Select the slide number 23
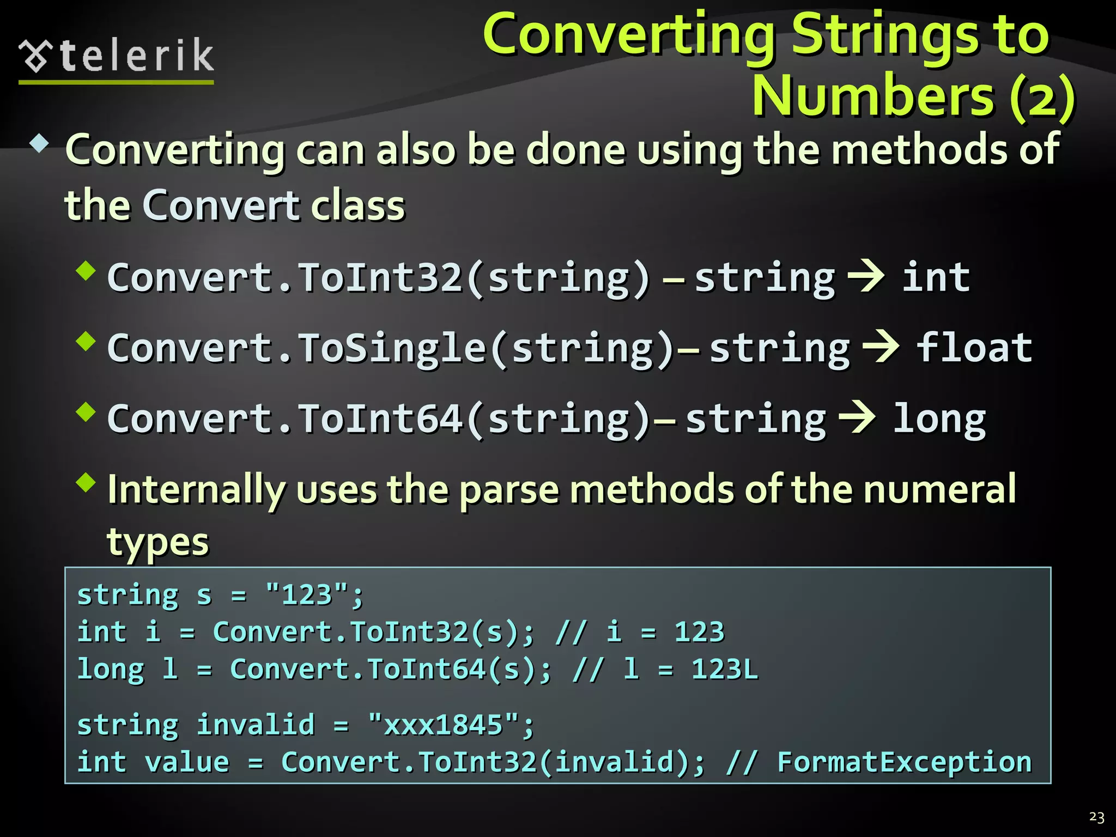tap(1096, 817)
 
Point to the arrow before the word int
tap(866, 277)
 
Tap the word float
tap(974, 347)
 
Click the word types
tap(157, 543)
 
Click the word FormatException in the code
tap(904, 762)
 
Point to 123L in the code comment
tap(724, 669)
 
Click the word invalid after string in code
tap(256, 725)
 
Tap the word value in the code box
tap(187, 762)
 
